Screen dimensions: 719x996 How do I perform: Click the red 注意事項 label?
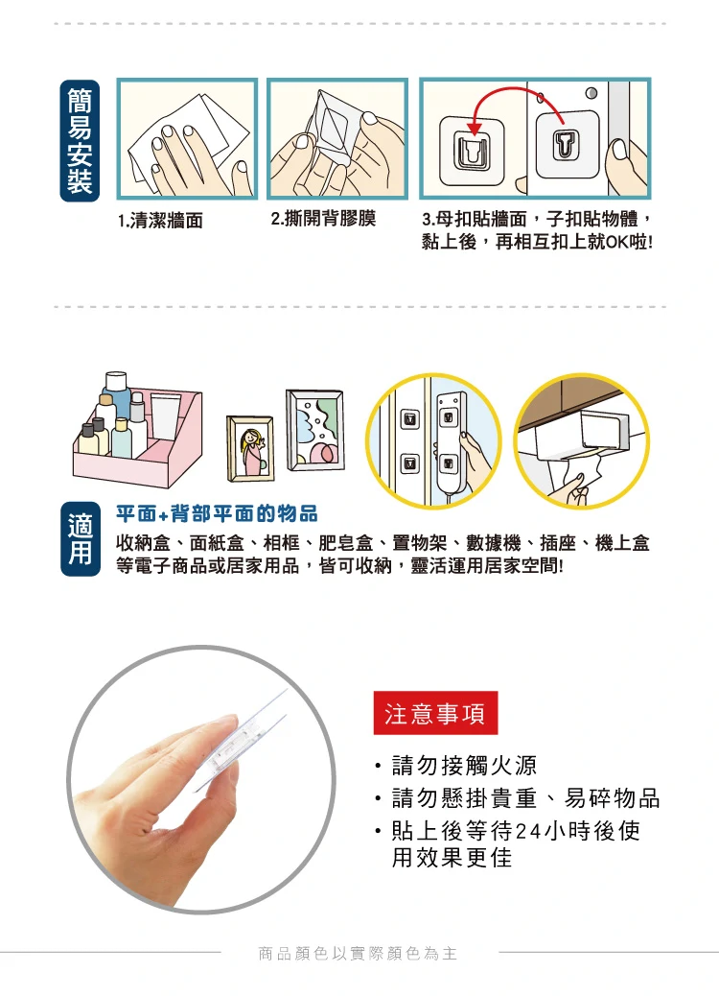(x=435, y=713)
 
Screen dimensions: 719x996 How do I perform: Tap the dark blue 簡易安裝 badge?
(x=80, y=140)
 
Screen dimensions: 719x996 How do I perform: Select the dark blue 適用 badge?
(x=80, y=538)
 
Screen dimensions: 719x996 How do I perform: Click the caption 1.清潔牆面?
(x=160, y=221)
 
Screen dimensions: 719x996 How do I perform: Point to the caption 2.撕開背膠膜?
(x=323, y=219)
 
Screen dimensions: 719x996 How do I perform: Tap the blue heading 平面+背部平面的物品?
(x=217, y=514)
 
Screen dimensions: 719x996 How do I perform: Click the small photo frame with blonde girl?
(x=250, y=448)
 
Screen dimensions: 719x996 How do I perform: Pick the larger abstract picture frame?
(x=315, y=430)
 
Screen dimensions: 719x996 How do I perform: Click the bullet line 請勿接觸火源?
(x=464, y=766)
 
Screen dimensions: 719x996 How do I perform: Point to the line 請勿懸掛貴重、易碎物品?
(x=525, y=797)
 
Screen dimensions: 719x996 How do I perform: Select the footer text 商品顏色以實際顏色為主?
(x=358, y=953)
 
